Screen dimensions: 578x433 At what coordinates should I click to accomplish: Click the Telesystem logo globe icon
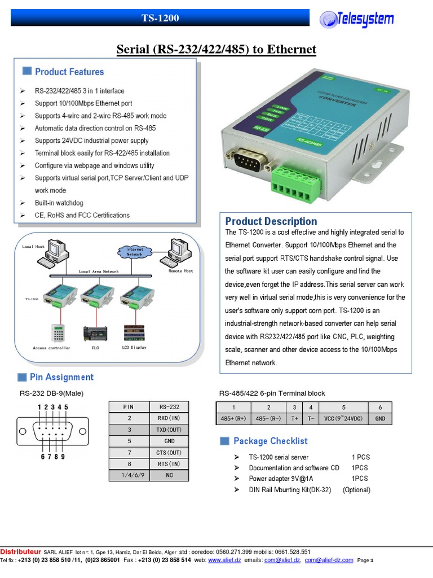pyautogui.click(x=329, y=20)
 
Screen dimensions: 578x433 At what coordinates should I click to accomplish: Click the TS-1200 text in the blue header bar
pyautogui.click(x=160, y=18)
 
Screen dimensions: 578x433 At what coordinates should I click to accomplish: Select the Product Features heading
pyautogui.click(x=69, y=72)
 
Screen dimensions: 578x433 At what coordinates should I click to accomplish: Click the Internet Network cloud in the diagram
pyautogui.click(x=134, y=252)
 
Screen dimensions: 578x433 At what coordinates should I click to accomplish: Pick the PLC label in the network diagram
pyautogui.click(x=95, y=348)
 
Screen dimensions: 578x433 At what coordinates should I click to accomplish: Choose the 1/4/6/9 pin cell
pyautogui.click(x=129, y=476)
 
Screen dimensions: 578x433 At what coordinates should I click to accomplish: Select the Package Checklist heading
pyautogui.click(x=271, y=441)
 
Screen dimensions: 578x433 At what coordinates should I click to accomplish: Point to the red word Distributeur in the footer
pyautogui.click(x=20, y=551)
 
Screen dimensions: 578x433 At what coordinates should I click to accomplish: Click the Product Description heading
pyautogui.click(x=271, y=221)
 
